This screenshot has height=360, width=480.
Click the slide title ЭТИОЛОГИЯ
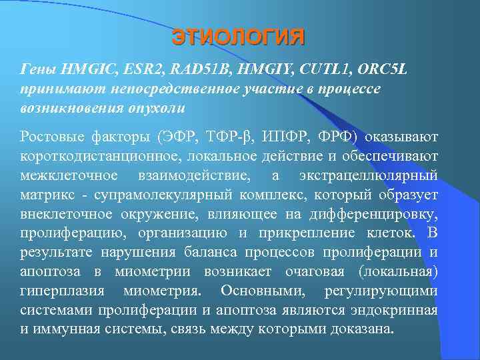tap(238, 36)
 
